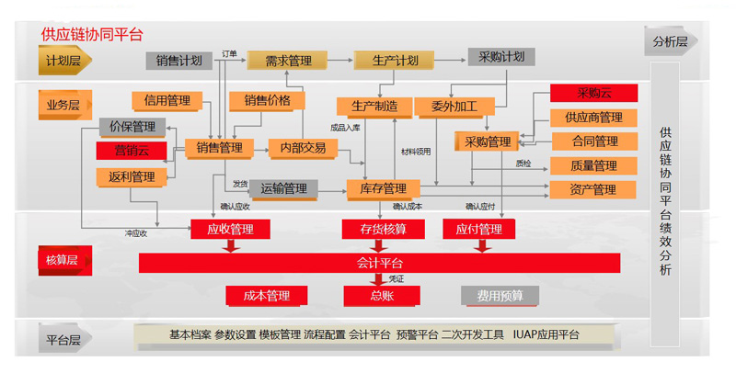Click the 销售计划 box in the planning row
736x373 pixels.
tap(178, 61)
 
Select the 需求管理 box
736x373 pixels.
tap(287, 61)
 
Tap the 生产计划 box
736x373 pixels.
tap(395, 61)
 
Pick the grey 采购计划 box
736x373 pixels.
tap(500, 57)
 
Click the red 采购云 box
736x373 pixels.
tap(593, 93)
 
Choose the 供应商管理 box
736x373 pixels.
tap(593, 118)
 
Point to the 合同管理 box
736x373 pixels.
tap(593, 141)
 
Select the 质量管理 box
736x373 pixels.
tap(593, 166)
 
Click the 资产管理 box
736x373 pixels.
tap(593, 190)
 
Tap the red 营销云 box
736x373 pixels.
tap(132, 151)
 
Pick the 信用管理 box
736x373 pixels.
tap(167, 101)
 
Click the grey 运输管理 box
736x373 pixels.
tap(283, 189)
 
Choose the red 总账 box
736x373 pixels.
tap(381, 296)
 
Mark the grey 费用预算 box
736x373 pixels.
tap(500, 296)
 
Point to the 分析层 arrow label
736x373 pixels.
tap(671, 42)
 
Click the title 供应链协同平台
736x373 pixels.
tap(91, 35)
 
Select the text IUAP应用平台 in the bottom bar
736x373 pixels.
tap(546, 335)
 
